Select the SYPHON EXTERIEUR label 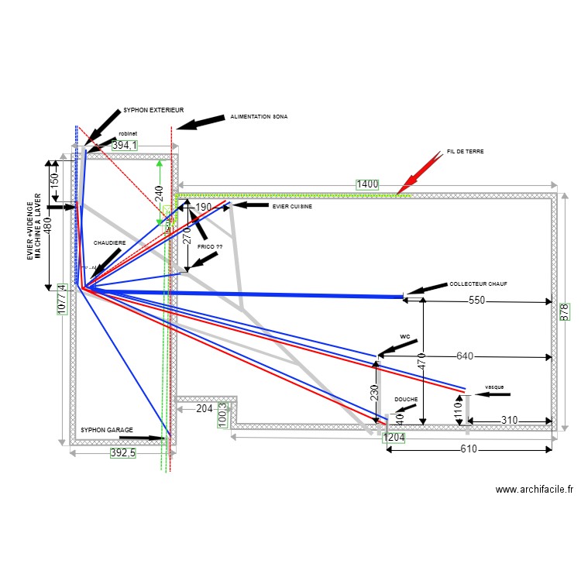point(153,110)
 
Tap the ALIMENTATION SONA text point(259,117)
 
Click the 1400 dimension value point(367,184)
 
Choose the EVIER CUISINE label point(292,206)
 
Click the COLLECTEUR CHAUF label point(478,284)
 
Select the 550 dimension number point(476,301)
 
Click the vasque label point(493,386)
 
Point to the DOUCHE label point(405,400)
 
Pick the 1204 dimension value point(393,437)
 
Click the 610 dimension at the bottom point(469,449)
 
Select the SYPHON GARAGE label point(107,429)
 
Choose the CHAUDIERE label point(109,242)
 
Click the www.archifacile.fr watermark point(534,490)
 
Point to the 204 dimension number point(205,408)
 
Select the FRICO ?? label point(209,246)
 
